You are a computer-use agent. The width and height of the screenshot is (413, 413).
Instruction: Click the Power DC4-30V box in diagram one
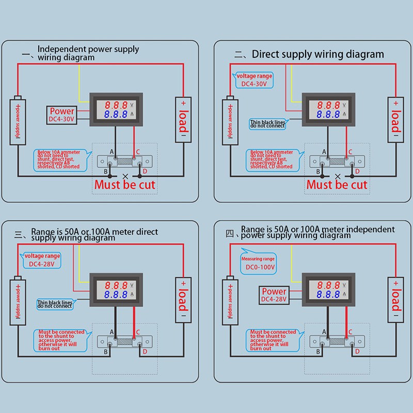pos(62,115)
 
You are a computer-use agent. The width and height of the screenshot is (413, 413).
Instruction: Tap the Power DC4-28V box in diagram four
pos(274,295)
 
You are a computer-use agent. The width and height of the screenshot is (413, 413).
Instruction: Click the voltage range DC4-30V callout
pos(253,80)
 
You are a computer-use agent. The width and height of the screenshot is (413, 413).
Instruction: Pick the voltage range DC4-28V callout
pos(42,260)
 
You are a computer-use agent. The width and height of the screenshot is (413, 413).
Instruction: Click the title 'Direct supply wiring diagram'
pos(317,54)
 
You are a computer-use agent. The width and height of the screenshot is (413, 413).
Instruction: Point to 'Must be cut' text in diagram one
pos(124,184)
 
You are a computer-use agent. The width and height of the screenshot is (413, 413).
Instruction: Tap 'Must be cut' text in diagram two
pos(337,184)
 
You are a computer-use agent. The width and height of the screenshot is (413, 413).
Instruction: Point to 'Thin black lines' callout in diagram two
pos(268,123)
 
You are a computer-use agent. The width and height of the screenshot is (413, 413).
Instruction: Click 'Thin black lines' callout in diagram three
pos(55,304)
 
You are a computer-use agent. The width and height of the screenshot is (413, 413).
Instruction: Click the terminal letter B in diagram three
pos(106,352)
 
